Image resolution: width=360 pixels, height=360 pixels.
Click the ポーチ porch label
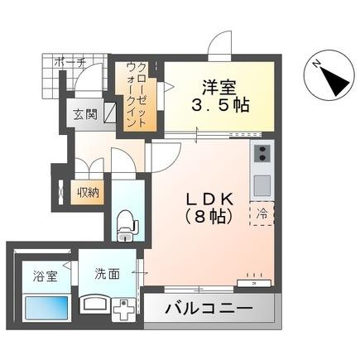[x=70, y=61]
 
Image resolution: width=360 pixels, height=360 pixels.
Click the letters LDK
[x=209, y=199]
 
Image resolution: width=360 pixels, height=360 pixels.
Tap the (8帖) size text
[x=210, y=218]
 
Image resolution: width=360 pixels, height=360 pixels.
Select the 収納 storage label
[x=88, y=192]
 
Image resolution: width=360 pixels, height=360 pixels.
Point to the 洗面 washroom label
[x=107, y=273]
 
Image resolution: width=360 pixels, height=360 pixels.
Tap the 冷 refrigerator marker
[x=262, y=214]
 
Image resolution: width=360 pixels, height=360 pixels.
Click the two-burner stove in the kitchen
[x=262, y=154]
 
